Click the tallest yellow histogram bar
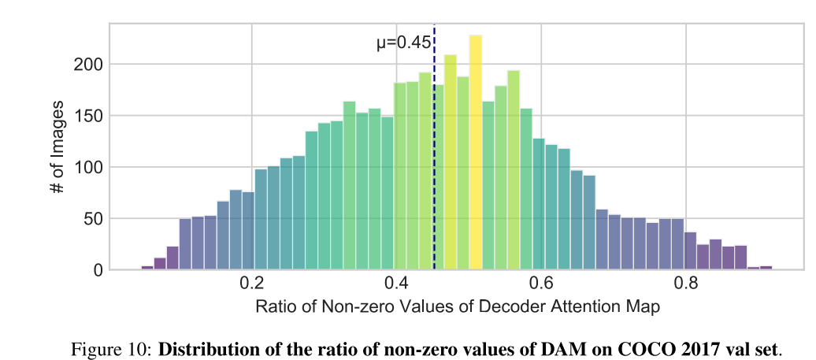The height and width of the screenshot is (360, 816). pyautogui.click(x=476, y=158)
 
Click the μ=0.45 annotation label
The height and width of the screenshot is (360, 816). pyautogui.click(x=403, y=43)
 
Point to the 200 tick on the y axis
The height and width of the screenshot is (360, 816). pyautogui.click(x=88, y=65)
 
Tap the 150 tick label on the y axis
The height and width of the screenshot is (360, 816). pyautogui.click(x=88, y=116)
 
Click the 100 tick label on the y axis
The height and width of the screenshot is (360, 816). pyautogui.click(x=88, y=167)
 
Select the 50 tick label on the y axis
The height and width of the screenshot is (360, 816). pyautogui.click(x=92, y=219)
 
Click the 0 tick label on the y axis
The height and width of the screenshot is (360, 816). pyautogui.click(x=98, y=270)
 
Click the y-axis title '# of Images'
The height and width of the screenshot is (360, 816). pyautogui.click(x=56, y=147)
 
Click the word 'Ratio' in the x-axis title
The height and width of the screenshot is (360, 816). pyautogui.click(x=274, y=307)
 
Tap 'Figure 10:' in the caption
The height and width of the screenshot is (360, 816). pyautogui.click(x=113, y=347)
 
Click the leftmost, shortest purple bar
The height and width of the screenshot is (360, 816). pyautogui.click(x=147, y=268)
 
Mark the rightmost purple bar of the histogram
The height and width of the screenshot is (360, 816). pyautogui.click(x=766, y=268)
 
